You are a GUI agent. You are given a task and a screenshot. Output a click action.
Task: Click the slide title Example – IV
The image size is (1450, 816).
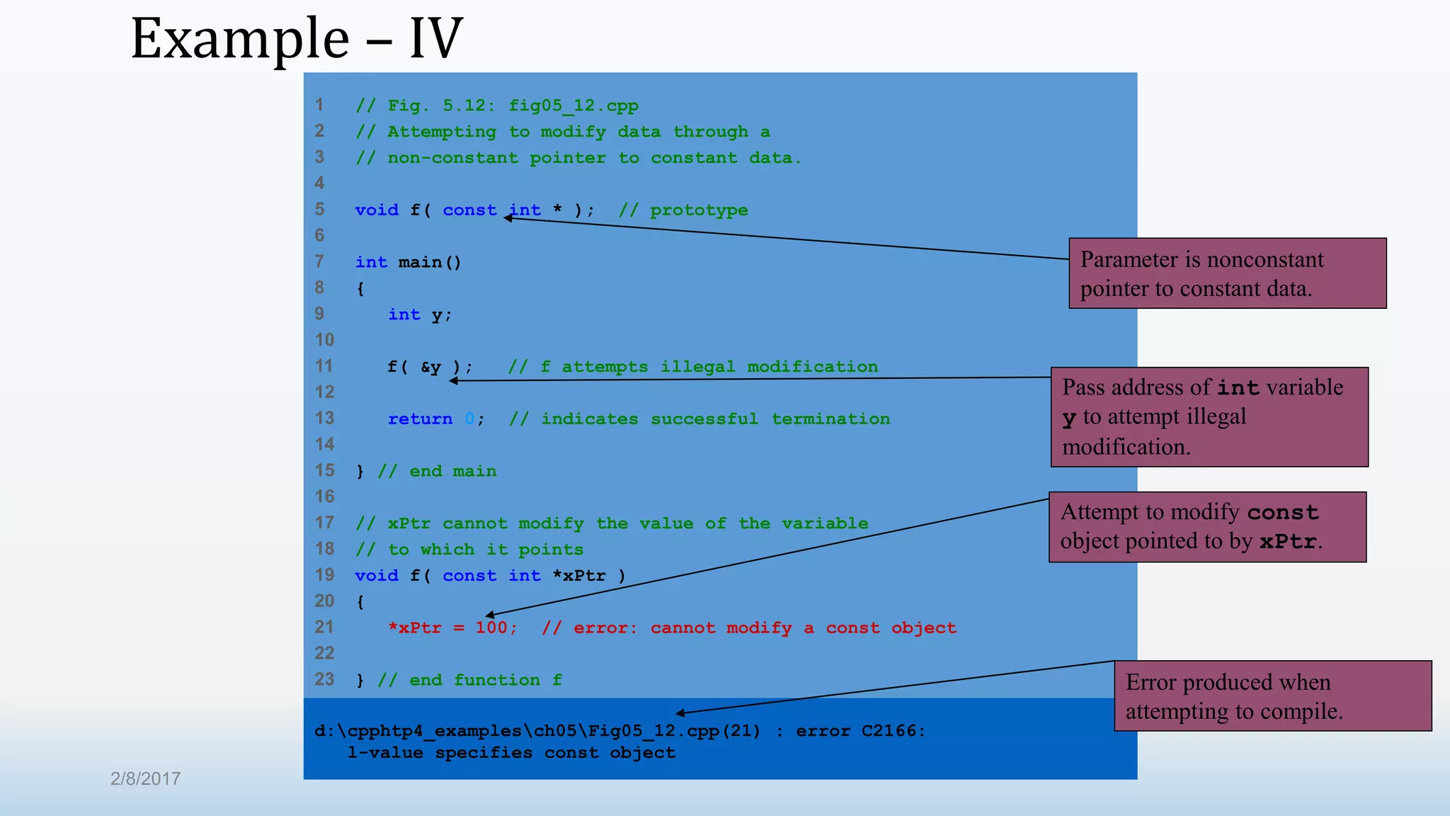click(x=297, y=38)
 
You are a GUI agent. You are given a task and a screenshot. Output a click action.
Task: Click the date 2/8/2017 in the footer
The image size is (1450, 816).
click(x=145, y=778)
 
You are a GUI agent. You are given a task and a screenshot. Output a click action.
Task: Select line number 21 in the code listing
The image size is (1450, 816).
click(x=324, y=627)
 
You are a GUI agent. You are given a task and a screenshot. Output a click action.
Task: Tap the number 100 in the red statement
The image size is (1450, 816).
click(x=491, y=628)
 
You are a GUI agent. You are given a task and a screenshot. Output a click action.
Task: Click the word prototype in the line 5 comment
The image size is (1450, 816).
click(x=699, y=210)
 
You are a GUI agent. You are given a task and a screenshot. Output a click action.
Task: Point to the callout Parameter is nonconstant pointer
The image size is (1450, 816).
click(x=1227, y=273)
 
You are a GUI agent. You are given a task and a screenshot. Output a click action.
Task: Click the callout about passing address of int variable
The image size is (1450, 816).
click(x=1209, y=416)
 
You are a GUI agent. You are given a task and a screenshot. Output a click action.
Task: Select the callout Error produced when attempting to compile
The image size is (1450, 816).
click(x=1272, y=696)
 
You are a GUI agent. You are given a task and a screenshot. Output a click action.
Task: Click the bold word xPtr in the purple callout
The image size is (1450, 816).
click(x=1288, y=542)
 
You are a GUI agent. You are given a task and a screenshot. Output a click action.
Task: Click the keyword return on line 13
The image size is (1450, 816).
click(x=420, y=419)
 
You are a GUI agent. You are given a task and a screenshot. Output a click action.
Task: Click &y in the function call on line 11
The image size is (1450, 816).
click(x=430, y=367)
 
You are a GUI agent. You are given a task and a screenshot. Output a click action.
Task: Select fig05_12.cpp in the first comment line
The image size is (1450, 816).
click(x=573, y=106)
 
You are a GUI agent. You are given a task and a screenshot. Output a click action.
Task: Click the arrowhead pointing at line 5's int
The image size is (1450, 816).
click(x=508, y=218)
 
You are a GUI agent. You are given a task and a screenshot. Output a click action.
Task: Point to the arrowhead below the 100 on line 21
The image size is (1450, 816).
click(x=489, y=615)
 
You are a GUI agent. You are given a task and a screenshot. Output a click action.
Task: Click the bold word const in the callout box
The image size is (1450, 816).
click(x=1282, y=512)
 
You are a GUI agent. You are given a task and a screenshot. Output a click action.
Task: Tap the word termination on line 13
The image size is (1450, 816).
click(x=830, y=419)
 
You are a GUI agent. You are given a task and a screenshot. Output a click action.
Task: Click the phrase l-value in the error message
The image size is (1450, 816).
click(x=385, y=753)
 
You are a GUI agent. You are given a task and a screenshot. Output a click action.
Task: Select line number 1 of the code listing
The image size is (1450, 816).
click(x=319, y=105)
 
